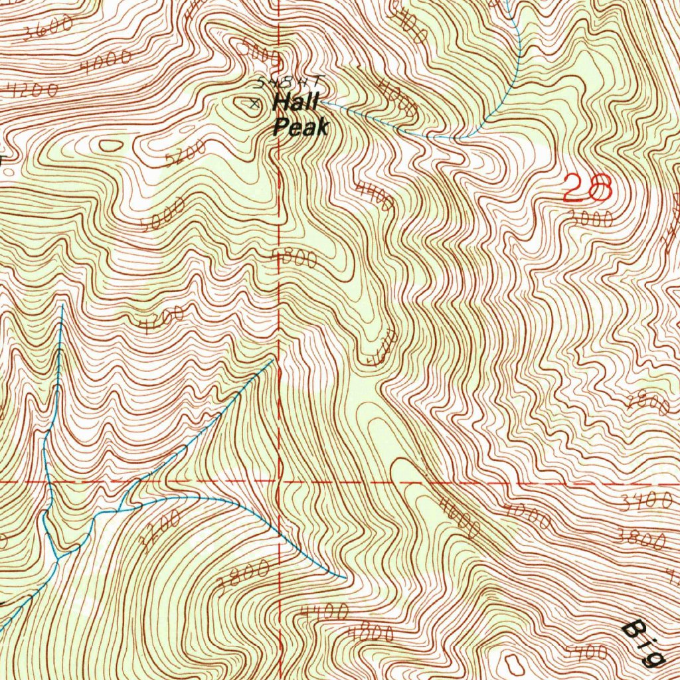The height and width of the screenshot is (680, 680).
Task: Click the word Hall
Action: (296, 104)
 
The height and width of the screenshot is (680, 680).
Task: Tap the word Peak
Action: (301, 126)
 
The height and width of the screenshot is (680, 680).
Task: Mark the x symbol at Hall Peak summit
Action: (253, 103)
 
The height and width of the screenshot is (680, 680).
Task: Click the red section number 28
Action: (586, 189)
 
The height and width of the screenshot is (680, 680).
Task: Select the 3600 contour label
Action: (47, 29)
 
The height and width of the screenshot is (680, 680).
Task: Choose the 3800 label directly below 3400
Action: (639, 539)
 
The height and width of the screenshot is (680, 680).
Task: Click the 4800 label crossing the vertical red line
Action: (294, 259)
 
